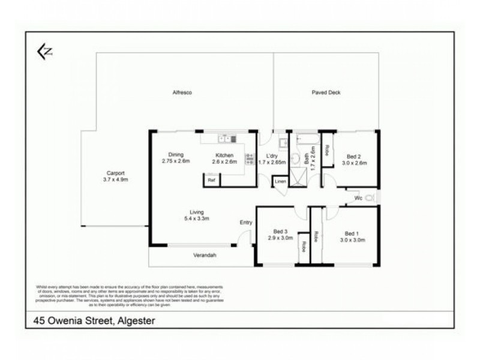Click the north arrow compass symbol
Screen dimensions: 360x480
point(44,52)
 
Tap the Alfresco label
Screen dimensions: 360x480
point(181,92)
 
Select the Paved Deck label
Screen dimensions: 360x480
point(326,92)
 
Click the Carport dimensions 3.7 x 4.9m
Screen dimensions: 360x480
point(116,179)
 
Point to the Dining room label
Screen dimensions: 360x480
point(176,154)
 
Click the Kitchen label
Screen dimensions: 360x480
point(224,155)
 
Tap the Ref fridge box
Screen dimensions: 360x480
point(211,179)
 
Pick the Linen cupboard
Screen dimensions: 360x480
point(280,181)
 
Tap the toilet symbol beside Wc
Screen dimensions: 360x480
point(370,197)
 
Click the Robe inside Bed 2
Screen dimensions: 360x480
point(327,150)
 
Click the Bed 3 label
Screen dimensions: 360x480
point(280,231)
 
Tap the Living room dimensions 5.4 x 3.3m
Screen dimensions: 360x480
point(197,218)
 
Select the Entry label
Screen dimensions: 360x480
point(246,223)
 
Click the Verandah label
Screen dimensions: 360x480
point(205,256)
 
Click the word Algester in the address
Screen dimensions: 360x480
point(135,320)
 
